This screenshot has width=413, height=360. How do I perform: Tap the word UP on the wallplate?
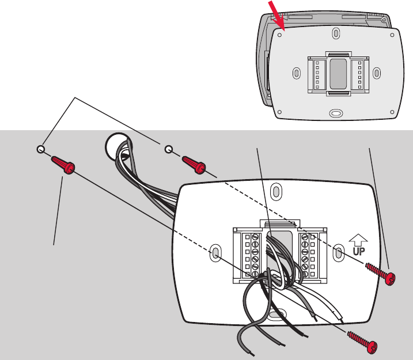pos(359,252)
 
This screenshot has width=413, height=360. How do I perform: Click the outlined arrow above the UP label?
pos(358,238)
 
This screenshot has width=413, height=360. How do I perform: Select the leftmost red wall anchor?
pos(64,165)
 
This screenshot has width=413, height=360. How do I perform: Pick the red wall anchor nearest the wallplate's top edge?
pos(195,164)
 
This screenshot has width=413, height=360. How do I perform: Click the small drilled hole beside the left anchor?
pos(40,150)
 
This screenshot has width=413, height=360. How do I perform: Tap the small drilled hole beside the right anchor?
pos(168,150)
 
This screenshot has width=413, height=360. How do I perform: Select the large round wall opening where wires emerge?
pos(115,147)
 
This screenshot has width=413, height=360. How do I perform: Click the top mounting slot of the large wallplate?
pos(276,190)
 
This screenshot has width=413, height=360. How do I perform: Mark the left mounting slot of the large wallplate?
pos(214,253)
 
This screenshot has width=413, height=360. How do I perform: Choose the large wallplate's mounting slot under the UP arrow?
pos(339,253)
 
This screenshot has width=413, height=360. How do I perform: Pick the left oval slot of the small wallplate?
pos(296,73)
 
